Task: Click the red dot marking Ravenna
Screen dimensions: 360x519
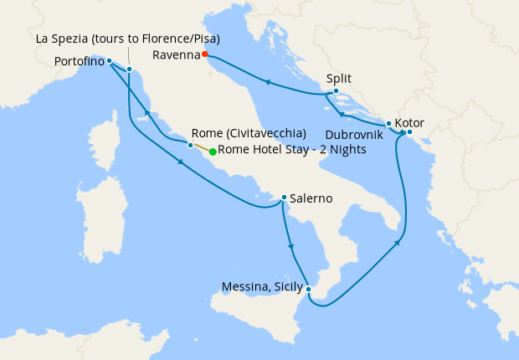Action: (205, 54)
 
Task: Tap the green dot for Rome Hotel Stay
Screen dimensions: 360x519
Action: (213, 152)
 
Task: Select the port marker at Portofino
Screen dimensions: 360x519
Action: (109, 60)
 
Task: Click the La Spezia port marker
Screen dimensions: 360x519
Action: (129, 69)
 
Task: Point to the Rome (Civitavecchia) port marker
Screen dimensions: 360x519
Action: (191, 145)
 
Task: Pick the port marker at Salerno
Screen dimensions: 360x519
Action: (284, 198)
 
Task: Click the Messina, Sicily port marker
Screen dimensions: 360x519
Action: (309, 289)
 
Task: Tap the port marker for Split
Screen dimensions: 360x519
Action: (335, 90)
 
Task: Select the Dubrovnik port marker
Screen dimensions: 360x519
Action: (388, 123)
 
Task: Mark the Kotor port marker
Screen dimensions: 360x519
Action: (409, 131)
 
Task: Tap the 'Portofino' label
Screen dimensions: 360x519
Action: (80, 61)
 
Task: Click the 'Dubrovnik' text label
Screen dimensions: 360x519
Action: (355, 134)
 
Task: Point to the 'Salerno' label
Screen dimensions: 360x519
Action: (311, 198)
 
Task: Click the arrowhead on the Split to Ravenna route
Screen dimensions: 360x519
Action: (267, 82)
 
